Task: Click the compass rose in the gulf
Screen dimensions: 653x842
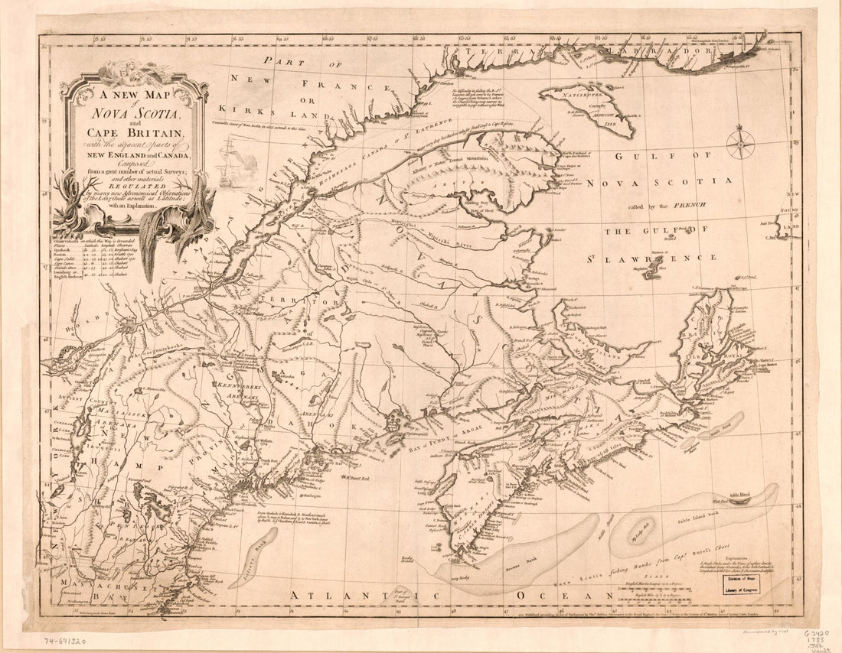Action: [740, 144]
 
